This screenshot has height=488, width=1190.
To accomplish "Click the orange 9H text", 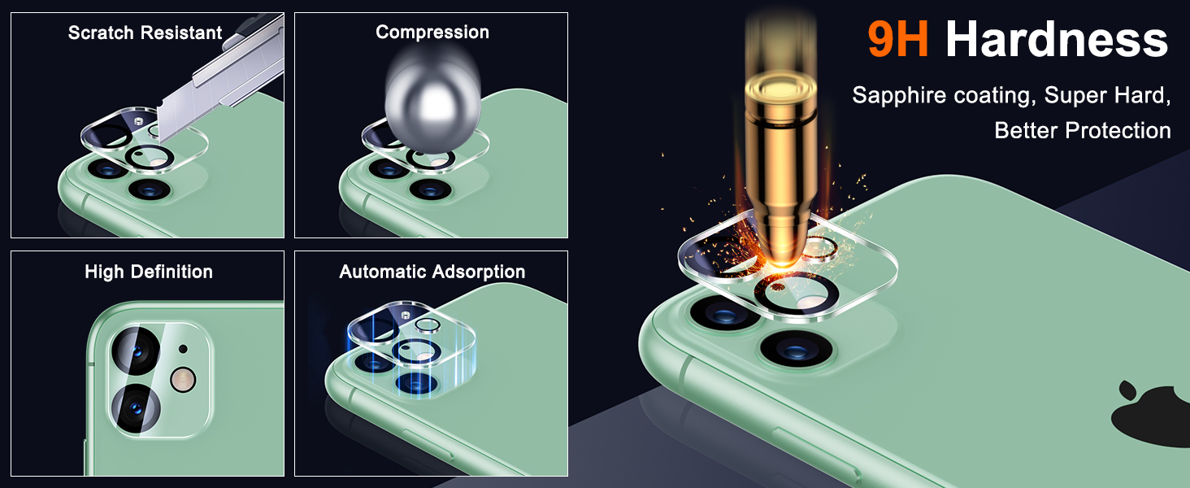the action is coord(898,40).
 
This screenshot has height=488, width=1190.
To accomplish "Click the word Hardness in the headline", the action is coord(1057,40).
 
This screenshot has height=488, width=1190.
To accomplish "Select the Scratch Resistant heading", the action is coord(145,33).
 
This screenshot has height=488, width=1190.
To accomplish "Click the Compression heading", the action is coord(432,33).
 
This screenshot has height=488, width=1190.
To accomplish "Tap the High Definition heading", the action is coord(148,272).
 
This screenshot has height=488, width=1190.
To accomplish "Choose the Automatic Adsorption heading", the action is coord(432,272).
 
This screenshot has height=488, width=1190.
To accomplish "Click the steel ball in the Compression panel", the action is coord(430,101).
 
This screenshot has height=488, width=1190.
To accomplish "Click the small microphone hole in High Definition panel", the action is coord(182,349).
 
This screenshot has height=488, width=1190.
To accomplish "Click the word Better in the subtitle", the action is coord(1025,130).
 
